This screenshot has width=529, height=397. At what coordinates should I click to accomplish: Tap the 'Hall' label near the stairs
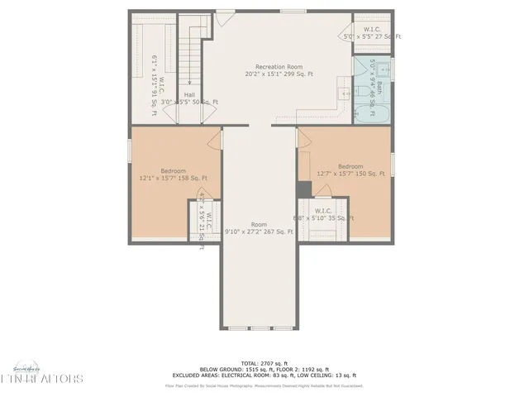tap(189, 94)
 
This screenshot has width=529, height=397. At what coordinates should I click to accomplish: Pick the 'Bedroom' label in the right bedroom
tap(350, 165)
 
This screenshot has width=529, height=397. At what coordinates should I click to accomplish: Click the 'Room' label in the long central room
tap(259, 224)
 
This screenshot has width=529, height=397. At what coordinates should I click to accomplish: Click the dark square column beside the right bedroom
tap(303, 189)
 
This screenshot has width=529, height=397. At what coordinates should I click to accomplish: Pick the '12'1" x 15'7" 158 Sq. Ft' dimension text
tap(174, 177)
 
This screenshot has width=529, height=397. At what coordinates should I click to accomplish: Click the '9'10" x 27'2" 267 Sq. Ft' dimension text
tap(259, 232)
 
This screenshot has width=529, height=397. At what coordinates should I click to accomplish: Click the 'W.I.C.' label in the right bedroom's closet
tap(324, 211)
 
